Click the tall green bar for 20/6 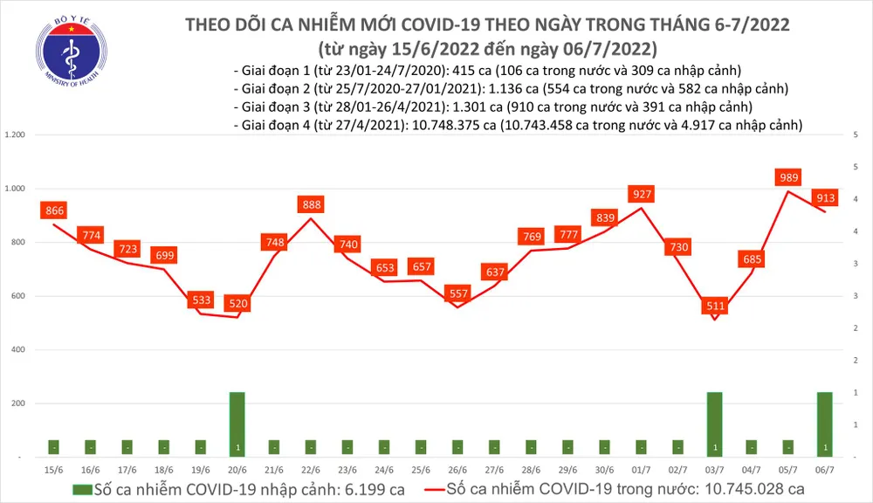(237, 424)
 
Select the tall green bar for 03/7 (714, 424)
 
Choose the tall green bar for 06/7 (825, 424)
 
